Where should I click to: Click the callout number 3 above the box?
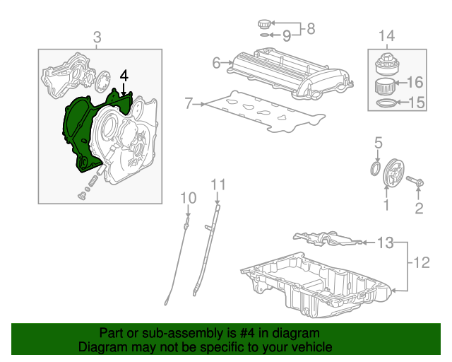point(97,37)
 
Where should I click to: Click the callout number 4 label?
point(124,75)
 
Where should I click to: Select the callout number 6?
point(217,63)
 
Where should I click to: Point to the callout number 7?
point(189,104)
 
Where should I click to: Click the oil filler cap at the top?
point(266,25)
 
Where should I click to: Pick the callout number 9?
point(287,35)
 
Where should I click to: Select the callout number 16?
point(415,83)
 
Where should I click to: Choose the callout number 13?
point(384,244)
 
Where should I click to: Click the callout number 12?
point(421,264)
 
